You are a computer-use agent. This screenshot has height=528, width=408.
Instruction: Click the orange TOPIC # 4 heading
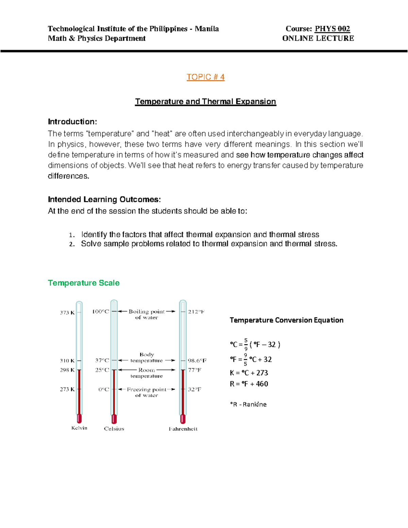pos(205,77)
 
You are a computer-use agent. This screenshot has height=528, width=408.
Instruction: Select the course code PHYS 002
pos(332,29)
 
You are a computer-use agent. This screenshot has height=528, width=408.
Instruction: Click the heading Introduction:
pos(72,122)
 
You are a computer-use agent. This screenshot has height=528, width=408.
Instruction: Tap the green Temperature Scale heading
pos(84,283)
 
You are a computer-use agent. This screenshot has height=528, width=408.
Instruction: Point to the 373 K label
pos(67,312)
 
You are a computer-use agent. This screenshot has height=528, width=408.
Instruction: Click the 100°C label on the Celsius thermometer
pos(101,311)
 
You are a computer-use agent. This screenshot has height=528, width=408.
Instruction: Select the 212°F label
pos(196,311)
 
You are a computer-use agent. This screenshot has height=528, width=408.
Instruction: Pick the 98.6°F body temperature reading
pos(197,360)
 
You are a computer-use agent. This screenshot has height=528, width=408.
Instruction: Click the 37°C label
pos(102,360)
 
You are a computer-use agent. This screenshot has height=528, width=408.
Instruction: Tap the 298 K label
pos(67,370)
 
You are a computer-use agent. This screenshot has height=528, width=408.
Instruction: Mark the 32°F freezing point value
pos(194,389)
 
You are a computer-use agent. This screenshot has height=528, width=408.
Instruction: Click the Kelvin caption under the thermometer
pos(79,428)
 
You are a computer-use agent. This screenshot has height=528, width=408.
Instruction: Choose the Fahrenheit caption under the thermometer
pos(183,429)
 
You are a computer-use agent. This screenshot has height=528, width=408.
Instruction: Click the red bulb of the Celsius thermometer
pos(114,419)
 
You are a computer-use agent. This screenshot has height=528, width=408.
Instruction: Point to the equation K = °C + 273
pos(249,373)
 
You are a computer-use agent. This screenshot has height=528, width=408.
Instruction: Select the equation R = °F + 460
pos(249,384)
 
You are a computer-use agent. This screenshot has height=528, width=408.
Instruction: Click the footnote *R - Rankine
pos(248,404)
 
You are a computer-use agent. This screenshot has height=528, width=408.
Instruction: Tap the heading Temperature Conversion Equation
pos(286,320)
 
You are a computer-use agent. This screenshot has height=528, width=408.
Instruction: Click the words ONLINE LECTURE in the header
pos(318,38)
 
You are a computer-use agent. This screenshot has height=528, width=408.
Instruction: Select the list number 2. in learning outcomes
pos(71,244)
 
